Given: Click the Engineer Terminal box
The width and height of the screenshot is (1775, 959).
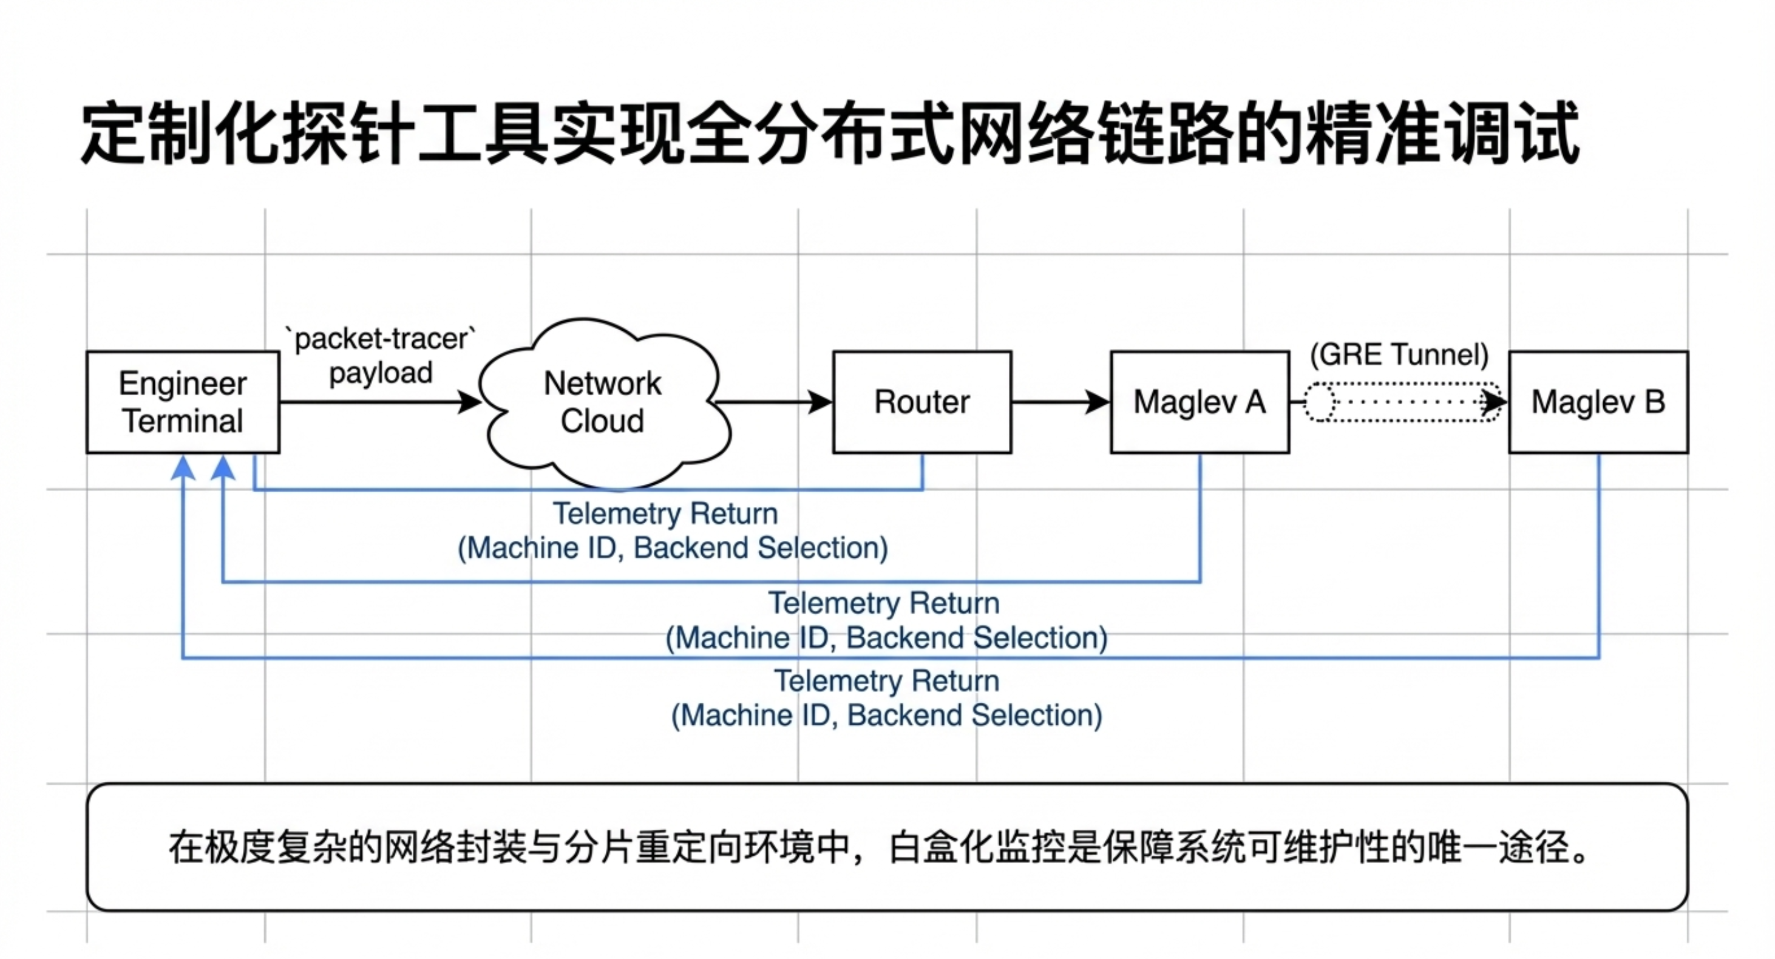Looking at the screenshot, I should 183,402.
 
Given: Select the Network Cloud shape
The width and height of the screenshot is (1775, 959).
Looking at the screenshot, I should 602,402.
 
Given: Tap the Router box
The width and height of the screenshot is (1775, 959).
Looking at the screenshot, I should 922,402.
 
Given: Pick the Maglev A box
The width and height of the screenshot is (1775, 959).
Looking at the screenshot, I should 1200,402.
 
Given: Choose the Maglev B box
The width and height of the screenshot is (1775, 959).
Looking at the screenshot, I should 1598,402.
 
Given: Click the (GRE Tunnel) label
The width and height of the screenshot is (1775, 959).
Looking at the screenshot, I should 1399,355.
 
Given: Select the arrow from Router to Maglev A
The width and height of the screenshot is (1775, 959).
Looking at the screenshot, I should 1061,402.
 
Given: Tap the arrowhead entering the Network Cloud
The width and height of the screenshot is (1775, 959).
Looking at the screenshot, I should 470,402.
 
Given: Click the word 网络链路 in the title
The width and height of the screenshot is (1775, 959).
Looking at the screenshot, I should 1096,133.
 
